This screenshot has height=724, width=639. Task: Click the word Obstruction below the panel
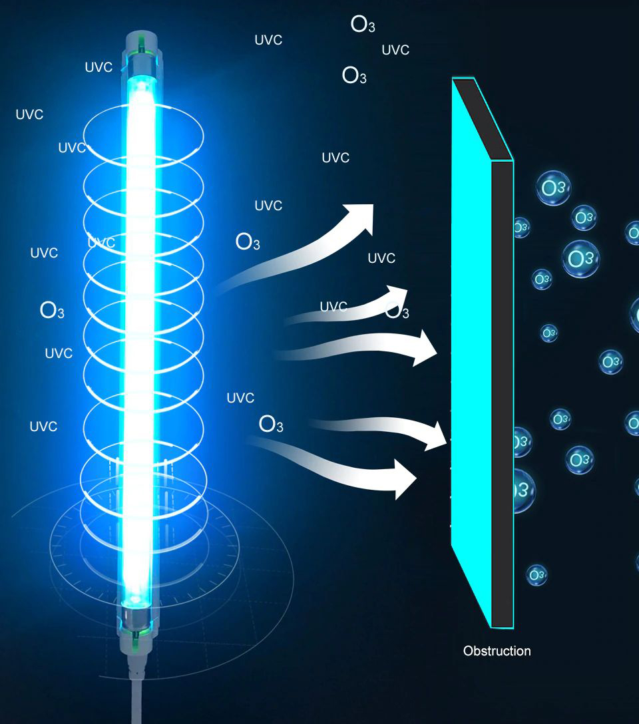click(497, 651)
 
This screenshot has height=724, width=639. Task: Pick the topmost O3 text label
click(363, 25)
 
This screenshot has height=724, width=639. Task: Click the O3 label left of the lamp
click(52, 310)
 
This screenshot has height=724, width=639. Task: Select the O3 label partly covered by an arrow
click(397, 310)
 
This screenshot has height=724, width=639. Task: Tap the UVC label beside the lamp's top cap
click(99, 67)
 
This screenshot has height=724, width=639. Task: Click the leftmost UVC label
click(29, 114)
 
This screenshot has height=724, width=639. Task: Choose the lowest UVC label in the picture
click(43, 427)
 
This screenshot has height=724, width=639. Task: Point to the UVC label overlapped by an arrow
click(333, 307)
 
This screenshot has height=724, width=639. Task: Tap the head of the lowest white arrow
click(403, 478)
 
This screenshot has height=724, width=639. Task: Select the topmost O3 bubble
click(552, 188)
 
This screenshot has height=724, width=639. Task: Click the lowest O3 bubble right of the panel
click(536, 574)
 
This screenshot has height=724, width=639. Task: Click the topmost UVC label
click(268, 40)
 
